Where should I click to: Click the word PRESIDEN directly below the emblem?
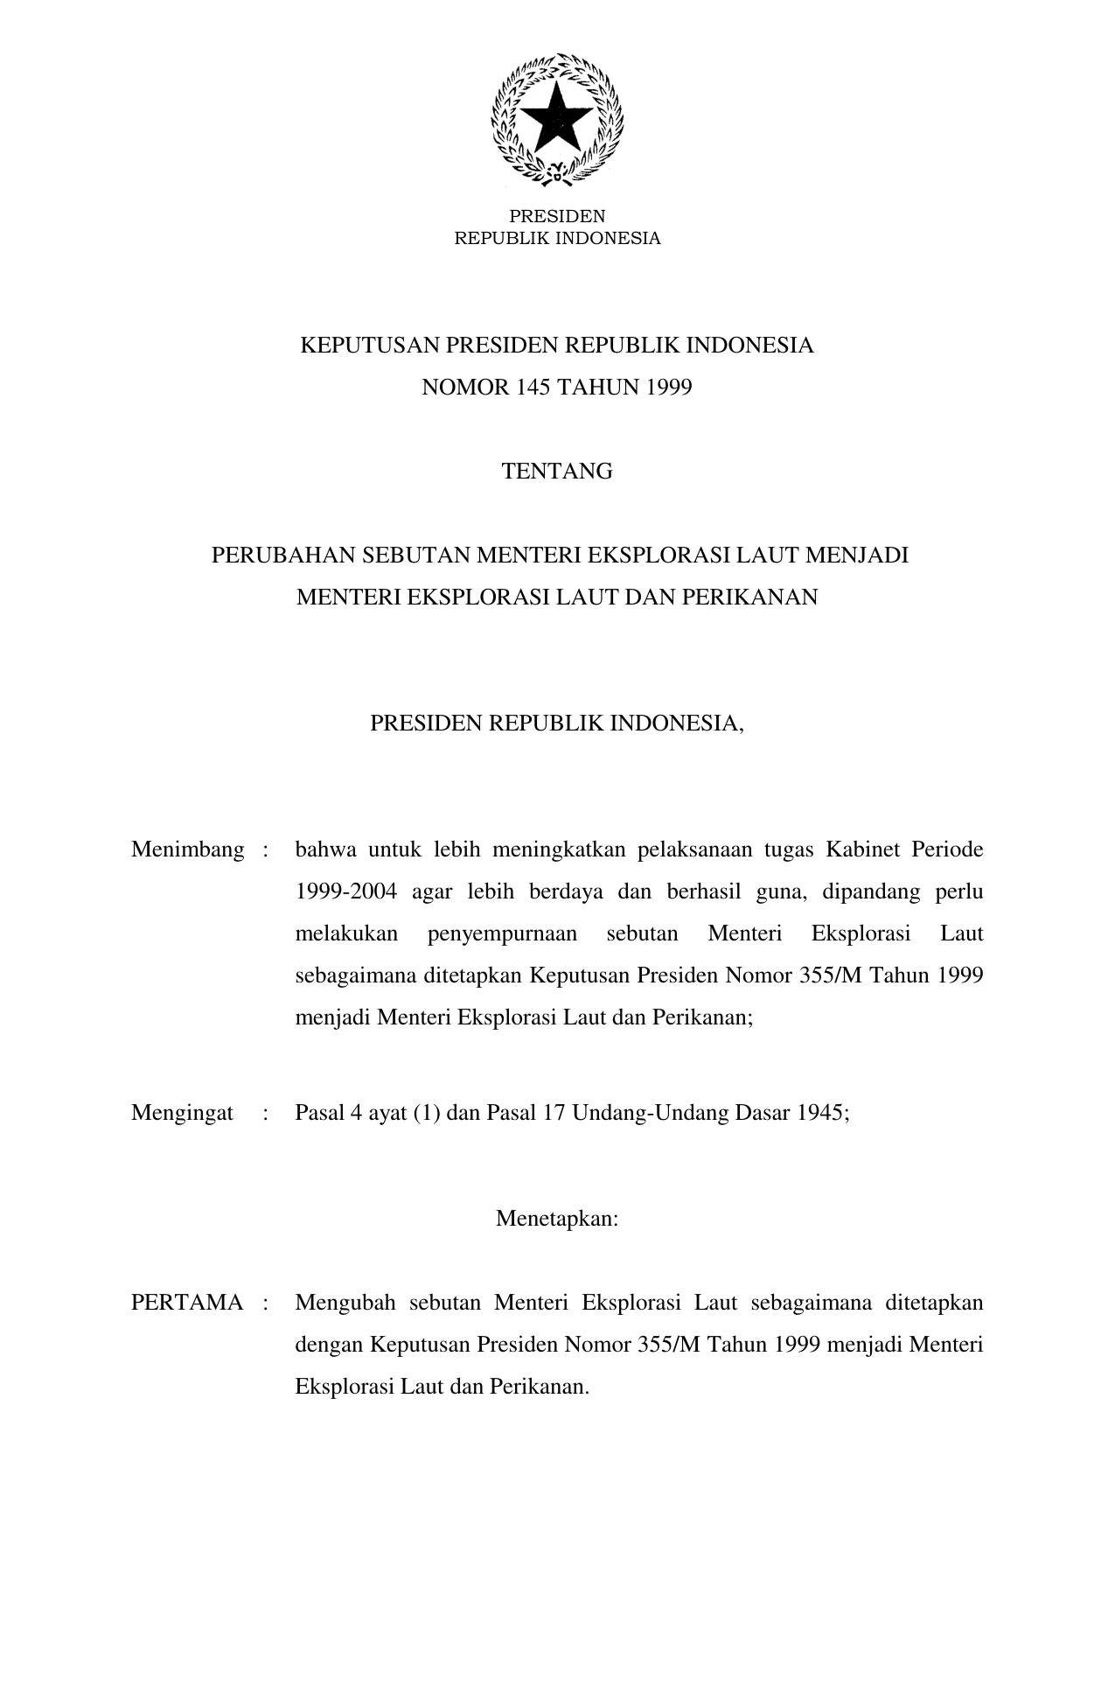click(x=557, y=216)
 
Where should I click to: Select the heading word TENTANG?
click(x=557, y=472)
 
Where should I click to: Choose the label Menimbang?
click(x=187, y=850)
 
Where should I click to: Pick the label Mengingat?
click(x=182, y=1112)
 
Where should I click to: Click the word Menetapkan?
click(x=557, y=1218)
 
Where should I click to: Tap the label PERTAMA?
click(x=187, y=1303)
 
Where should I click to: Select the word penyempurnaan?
click(x=502, y=933)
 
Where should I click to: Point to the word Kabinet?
click(x=862, y=850)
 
